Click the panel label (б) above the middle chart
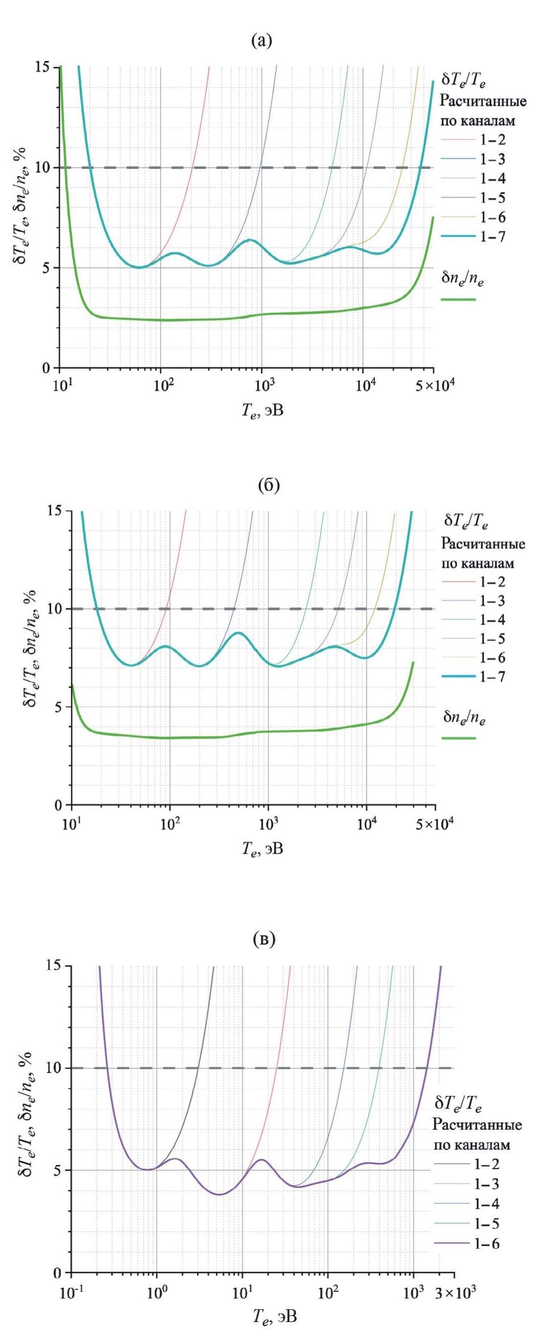(x=269, y=485)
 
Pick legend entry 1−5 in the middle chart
(x=492, y=638)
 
